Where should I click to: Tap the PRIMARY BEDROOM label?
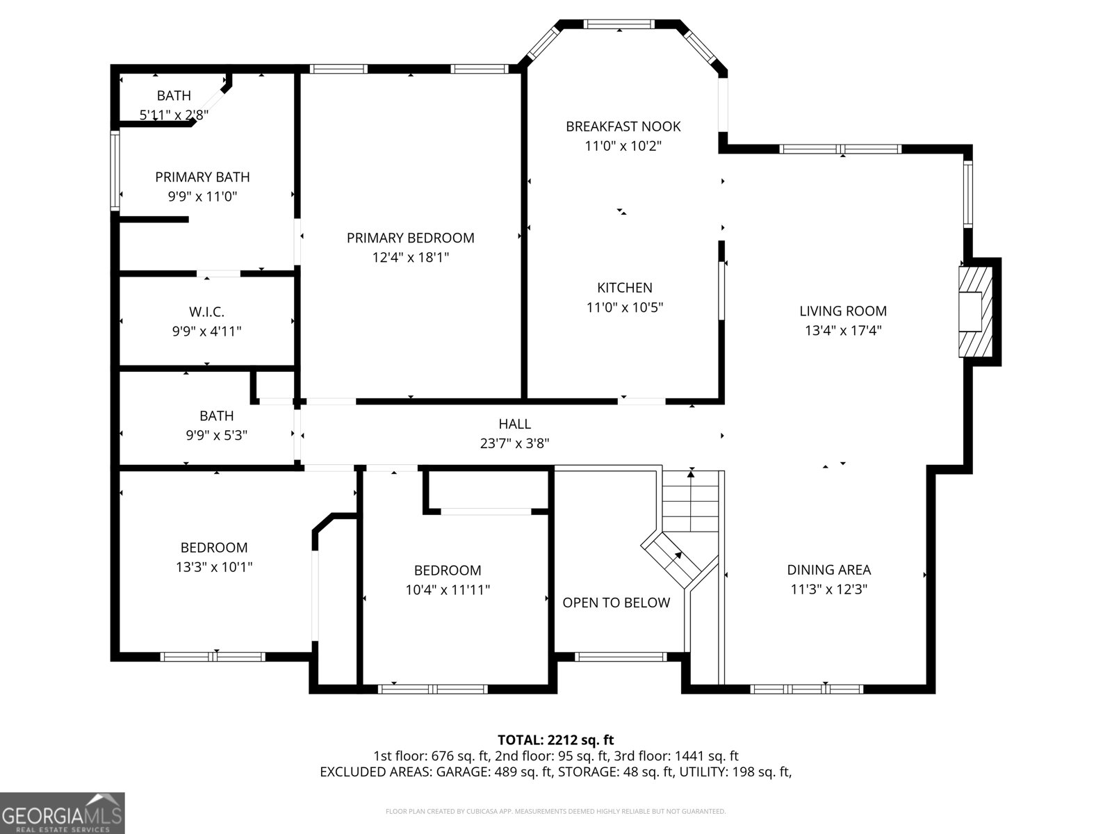410,238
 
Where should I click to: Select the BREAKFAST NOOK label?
623,126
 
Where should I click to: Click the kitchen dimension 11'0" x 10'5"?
624,307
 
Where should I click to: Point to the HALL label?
514,424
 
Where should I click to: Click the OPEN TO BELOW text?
616,603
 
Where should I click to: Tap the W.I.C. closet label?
206,313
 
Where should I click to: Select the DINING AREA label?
828,570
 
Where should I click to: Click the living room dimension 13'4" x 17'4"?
842,331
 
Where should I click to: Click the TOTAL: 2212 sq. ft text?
555,739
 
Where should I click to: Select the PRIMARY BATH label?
202,177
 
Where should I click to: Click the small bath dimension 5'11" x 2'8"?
174,115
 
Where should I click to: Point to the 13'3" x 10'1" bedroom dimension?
213,567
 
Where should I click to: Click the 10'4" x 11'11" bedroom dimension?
448,590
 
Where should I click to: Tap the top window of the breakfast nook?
619,24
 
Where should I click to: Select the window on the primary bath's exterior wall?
115,170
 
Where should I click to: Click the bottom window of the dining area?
806,689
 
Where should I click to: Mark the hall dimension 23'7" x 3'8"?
514,443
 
